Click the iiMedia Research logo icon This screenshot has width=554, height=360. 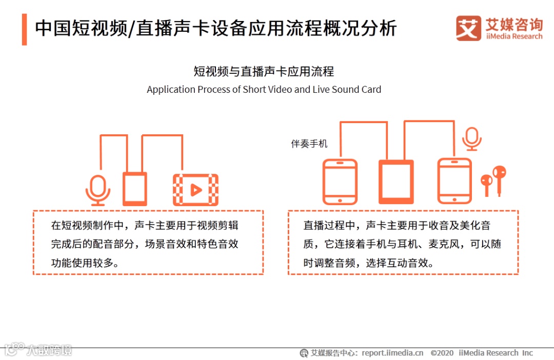click(468, 28)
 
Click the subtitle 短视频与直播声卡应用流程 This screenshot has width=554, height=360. click(264, 71)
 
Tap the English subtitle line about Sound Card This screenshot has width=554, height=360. click(264, 89)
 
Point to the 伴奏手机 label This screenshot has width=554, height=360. click(309, 144)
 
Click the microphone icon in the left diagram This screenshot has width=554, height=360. click(98, 190)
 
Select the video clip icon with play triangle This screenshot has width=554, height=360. click(195, 190)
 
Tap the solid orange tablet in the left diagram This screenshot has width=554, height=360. click(134, 189)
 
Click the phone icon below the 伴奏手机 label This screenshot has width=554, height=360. click(340, 182)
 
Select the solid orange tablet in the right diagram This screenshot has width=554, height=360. click(396, 182)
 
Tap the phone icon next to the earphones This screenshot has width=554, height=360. click(454, 181)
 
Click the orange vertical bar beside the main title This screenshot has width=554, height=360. click(25, 29)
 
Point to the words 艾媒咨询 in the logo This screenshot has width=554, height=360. click(514, 25)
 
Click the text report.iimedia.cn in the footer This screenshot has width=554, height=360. click(392, 353)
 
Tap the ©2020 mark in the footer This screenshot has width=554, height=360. click(442, 353)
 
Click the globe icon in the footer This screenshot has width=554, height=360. click(304, 353)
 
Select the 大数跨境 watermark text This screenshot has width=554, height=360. click(49, 350)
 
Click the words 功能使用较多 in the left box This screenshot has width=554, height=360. click(82, 263)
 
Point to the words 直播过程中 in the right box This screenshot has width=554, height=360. click(329, 226)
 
